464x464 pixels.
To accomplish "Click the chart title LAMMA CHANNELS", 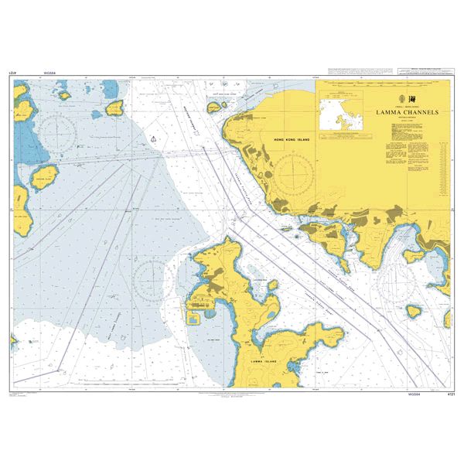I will (407, 112).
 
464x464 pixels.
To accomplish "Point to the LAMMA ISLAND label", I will (264, 360).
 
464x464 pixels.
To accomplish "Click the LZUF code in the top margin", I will (11, 73).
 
